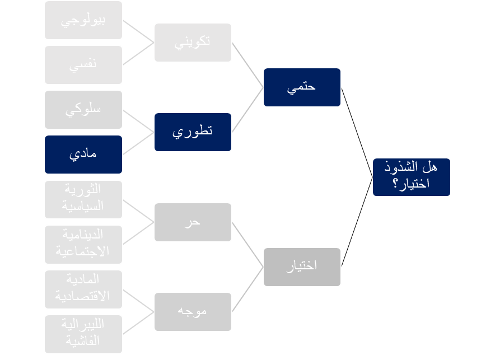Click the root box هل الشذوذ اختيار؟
(411, 177)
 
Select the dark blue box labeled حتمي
(302, 87)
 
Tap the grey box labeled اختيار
(302, 267)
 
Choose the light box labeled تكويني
(193, 42)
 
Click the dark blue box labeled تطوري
(193, 132)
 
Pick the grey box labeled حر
(193, 222)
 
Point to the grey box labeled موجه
(193, 311)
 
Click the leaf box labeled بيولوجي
(83, 20)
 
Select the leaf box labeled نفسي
(83, 65)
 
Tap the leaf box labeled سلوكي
(83, 110)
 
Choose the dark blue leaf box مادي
(83, 154)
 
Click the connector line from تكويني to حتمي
(247, 64)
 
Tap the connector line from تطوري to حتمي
(247, 109)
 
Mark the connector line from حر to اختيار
(247, 244)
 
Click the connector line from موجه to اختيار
(247, 289)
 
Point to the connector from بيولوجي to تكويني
(138, 31)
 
